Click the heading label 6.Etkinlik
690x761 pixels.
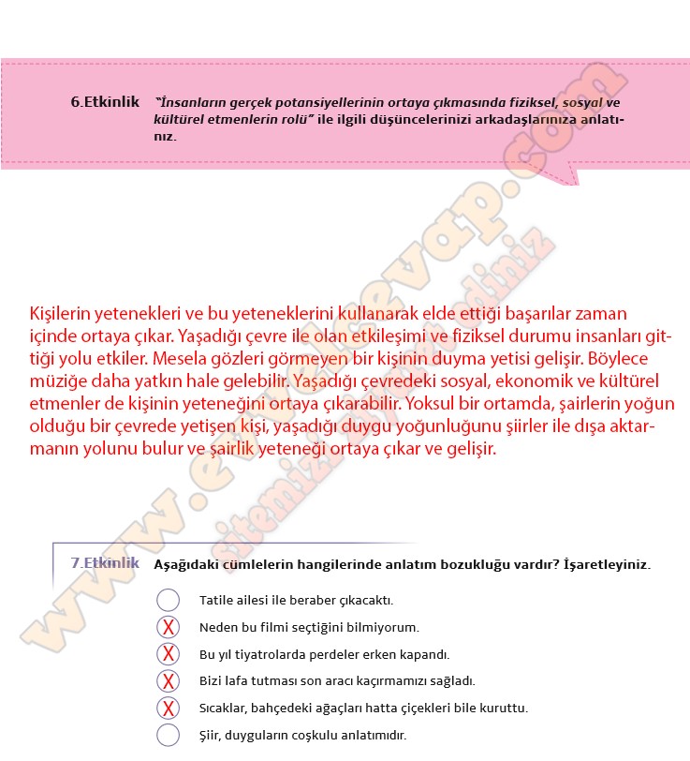point(105,102)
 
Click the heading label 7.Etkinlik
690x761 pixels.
point(105,563)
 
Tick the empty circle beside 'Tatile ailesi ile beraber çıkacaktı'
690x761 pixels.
point(168,600)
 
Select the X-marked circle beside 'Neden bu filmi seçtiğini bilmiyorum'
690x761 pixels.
point(168,627)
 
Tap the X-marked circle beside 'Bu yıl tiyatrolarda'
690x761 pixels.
point(168,654)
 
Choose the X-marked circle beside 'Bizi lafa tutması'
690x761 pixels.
point(168,681)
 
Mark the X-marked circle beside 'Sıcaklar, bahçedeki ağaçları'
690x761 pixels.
point(168,709)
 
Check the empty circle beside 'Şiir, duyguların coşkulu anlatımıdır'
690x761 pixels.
point(168,735)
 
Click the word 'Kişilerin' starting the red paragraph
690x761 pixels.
point(65,313)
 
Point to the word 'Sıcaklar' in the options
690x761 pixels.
point(224,709)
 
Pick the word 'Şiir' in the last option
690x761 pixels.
point(212,736)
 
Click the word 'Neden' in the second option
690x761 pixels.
point(218,627)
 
